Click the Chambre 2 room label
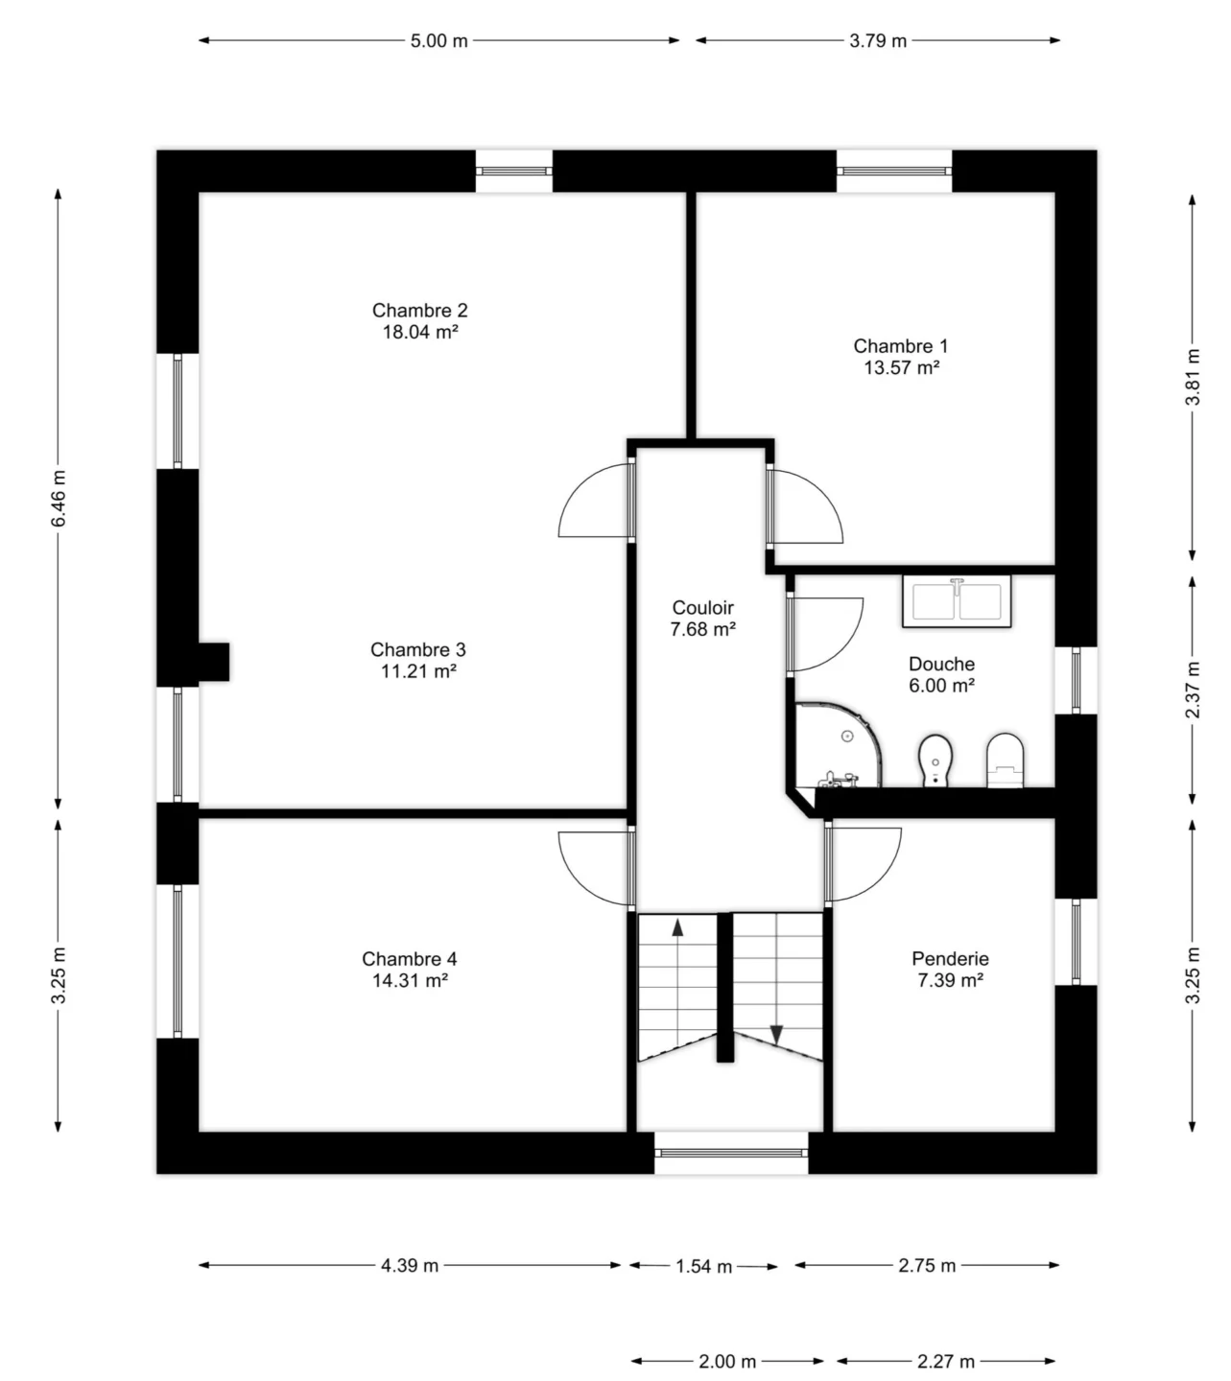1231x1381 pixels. (419, 310)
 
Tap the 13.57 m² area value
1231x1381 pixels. (902, 367)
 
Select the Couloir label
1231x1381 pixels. (702, 607)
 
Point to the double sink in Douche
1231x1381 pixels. (957, 601)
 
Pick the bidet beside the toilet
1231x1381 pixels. (935, 760)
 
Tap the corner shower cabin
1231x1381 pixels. (839, 745)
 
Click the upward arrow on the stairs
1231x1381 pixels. (677, 928)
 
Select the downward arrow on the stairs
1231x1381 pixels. (776, 1035)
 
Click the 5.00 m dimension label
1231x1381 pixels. (438, 41)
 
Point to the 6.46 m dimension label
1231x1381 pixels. (59, 499)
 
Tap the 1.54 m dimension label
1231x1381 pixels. (703, 1267)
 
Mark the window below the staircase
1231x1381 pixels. (731, 1154)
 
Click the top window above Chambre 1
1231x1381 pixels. (894, 171)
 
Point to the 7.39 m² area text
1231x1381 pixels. (950, 980)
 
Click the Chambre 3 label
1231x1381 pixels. (418, 649)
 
